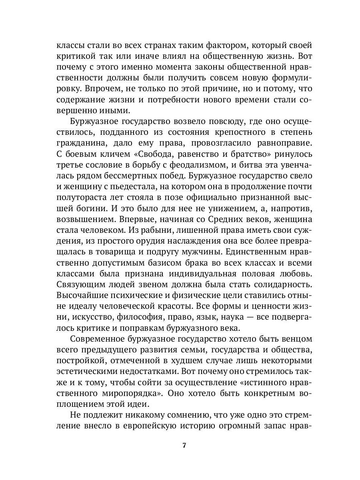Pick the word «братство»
(238, 153)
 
